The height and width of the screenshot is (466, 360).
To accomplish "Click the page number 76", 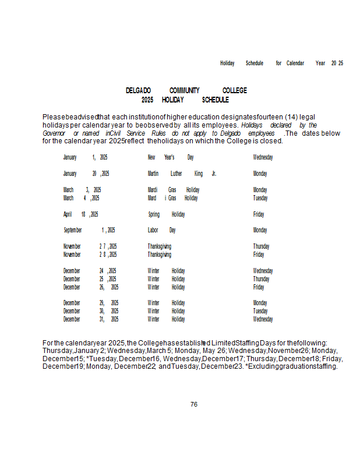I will (194, 404).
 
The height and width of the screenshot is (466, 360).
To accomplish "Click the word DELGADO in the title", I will (138, 90).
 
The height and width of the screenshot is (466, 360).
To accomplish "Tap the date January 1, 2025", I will (85, 157).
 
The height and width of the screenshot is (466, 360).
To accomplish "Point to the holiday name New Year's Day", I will (171, 157).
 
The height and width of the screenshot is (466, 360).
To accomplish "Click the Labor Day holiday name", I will (161, 230).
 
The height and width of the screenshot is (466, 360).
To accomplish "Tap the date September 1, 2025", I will (89, 230).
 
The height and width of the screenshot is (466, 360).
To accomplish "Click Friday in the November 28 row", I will (258, 255).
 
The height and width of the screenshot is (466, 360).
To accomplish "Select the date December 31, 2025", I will (91, 319).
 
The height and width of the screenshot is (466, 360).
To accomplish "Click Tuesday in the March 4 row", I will (260, 198).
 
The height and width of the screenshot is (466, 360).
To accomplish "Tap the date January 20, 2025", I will (86, 174).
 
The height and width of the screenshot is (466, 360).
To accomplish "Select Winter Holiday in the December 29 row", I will (166, 303).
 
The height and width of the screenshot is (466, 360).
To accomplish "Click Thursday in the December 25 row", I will (261, 279).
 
